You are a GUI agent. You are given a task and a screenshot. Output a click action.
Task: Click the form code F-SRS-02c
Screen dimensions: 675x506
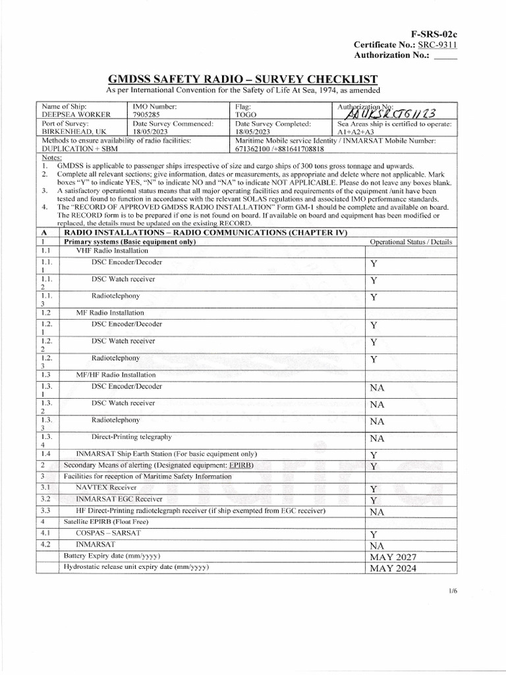(x=433, y=33)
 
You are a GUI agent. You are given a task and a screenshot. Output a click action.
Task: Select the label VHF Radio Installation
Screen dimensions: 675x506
(x=107, y=251)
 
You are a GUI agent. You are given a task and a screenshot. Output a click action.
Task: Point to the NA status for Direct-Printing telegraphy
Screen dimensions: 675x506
(x=377, y=438)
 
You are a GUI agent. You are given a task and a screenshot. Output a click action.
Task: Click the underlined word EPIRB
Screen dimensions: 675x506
(x=240, y=465)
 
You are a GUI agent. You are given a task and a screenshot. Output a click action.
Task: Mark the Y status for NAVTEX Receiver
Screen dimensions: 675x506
(x=373, y=489)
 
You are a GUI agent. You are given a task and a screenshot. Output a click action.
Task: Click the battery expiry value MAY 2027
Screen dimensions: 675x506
(x=393, y=557)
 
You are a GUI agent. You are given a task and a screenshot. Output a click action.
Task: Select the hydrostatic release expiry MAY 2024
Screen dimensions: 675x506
(x=393, y=568)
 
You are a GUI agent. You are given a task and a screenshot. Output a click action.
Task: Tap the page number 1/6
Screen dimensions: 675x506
(x=451, y=591)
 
